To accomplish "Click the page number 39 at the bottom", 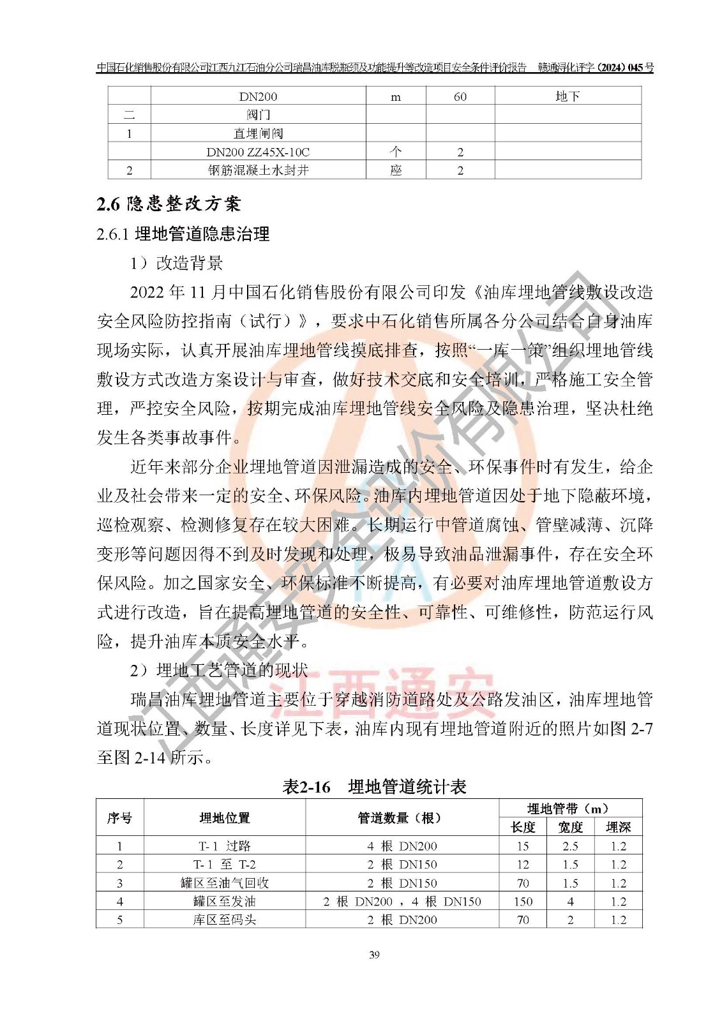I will coord(374,955).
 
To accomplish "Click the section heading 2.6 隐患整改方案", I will coord(169,204).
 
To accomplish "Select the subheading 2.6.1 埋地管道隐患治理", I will coord(183,234).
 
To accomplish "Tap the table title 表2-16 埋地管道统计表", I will coord(374,787).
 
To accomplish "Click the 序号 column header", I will coord(119,817).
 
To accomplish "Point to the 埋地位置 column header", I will coord(225,817).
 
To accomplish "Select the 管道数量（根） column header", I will coord(401,817).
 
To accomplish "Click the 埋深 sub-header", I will coord(618,827).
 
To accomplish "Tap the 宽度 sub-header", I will coord(570,827).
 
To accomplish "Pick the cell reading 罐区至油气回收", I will coord(225,883).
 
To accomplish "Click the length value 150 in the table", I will coord(523,902).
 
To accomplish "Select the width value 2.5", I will coord(570,846).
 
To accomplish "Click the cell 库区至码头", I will coord(225,920).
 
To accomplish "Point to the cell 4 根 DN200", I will coord(402,846).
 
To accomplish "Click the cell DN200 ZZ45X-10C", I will coord(258,152).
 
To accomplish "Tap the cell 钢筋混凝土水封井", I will coord(258,170).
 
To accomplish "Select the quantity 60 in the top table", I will coord(460,97).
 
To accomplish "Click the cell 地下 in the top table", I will coord(568,96).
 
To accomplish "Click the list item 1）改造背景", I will coord(177,263).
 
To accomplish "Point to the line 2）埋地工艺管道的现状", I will coord(219,670).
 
